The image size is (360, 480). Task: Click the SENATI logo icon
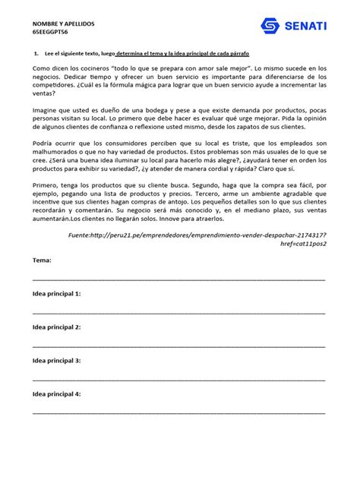pos(270,27)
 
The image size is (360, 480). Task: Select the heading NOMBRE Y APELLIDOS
pos(63,24)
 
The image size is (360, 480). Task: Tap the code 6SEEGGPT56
pos(52,34)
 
